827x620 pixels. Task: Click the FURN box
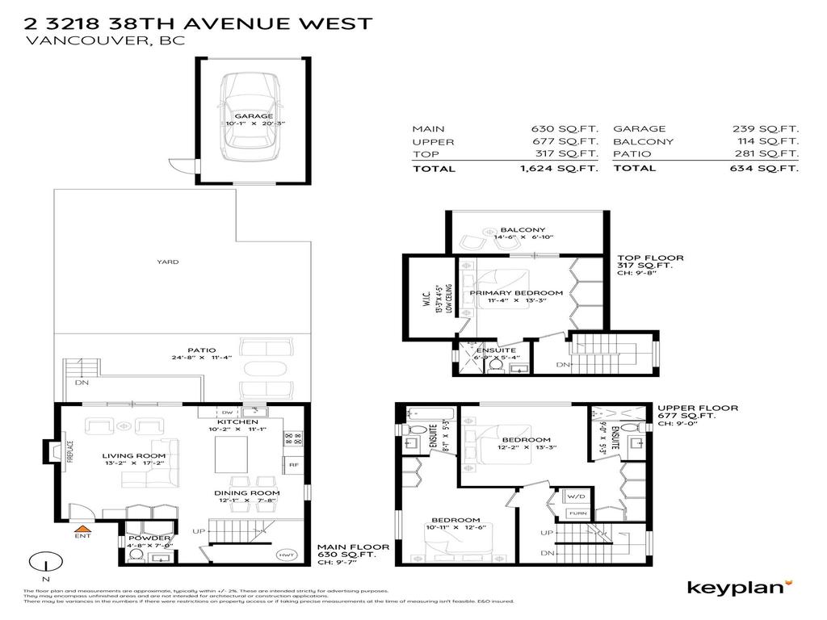pyautogui.click(x=578, y=513)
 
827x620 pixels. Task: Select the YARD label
pyautogui.click(x=168, y=262)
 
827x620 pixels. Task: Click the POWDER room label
pyautogui.click(x=149, y=538)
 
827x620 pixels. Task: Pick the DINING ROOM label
pyautogui.click(x=246, y=492)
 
